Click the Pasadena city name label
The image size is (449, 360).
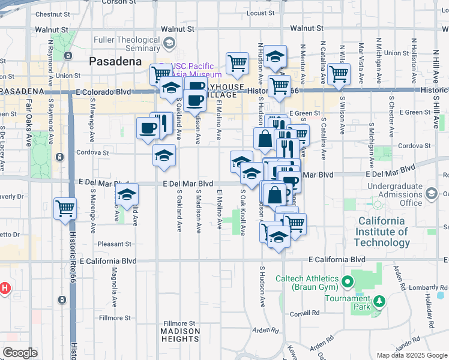(115, 61)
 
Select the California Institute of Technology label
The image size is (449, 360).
(382, 232)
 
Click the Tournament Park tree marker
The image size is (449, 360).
(379, 301)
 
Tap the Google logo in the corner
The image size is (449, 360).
(20, 353)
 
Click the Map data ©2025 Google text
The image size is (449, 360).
(412, 355)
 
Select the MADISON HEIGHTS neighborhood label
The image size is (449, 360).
(180, 335)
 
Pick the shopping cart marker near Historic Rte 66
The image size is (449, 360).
(65, 208)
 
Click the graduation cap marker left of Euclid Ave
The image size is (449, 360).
(127, 195)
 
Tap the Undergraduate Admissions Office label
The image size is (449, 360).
(394, 194)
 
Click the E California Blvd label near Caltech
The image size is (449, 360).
(336, 259)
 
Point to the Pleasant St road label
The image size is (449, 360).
(115, 244)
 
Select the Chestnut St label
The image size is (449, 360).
(53, 14)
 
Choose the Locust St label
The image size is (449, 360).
(260, 13)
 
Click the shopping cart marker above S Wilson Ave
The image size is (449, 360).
(339, 74)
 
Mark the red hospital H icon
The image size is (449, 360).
(4, 289)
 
